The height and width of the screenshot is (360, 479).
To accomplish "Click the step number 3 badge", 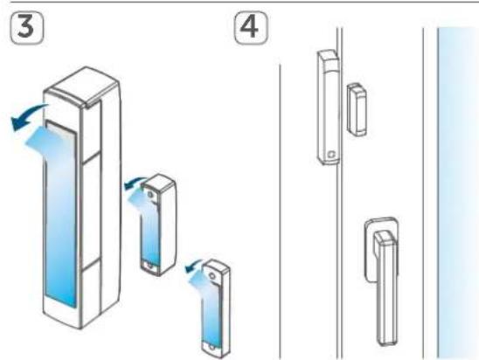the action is click(x=27, y=28).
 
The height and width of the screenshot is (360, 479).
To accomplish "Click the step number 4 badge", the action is click(x=251, y=28).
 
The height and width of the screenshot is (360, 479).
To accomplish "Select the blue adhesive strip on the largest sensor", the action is click(x=60, y=214).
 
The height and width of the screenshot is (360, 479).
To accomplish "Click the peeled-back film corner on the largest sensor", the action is click(x=45, y=141).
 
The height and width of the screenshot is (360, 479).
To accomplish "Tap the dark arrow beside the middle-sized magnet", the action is click(x=134, y=183).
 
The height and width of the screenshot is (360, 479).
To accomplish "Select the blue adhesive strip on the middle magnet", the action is click(x=150, y=232).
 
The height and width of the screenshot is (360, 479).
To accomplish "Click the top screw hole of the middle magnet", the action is click(x=150, y=194).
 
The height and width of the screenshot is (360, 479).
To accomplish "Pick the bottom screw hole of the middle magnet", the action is click(x=149, y=266).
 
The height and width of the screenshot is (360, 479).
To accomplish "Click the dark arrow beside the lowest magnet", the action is click(x=194, y=266).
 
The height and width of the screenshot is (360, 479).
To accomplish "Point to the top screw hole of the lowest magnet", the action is click(x=212, y=276).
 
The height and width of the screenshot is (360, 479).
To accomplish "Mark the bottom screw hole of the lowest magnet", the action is click(x=212, y=348).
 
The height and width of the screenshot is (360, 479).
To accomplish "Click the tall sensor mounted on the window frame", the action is click(x=328, y=107).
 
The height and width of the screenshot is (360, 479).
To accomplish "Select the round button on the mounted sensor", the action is click(x=331, y=154).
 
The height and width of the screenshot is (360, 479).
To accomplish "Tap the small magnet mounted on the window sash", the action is click(x=357, y=109).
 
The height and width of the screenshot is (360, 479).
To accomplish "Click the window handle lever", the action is click(x=386, y=287).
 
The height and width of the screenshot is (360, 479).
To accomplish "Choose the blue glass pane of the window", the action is click(x=458, y=193).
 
